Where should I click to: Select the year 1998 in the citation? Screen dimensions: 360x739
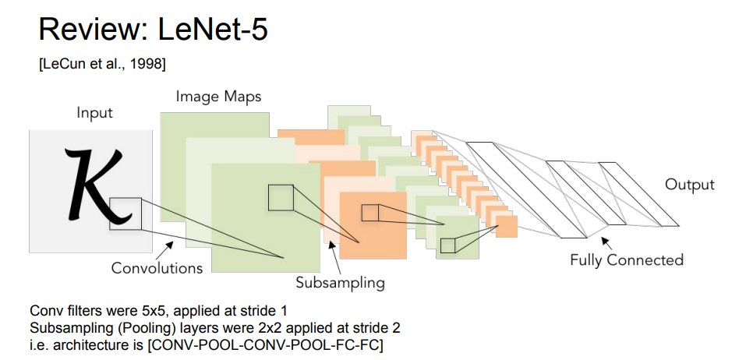click(x=146, y=65)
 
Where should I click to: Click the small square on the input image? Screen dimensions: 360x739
click(x=126, y=213)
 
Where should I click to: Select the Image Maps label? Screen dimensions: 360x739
click(x=217, y=97)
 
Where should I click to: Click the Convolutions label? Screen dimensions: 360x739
click(x=157, y=268)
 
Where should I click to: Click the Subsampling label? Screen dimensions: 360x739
click(x=340, y=282)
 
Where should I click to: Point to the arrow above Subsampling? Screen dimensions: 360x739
click(x=333, y=248)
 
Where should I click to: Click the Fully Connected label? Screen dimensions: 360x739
click(x=626, y=259)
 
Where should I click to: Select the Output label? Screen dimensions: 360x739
click(x=689, y=185)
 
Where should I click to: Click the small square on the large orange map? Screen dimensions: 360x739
click(x=369, y=212)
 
